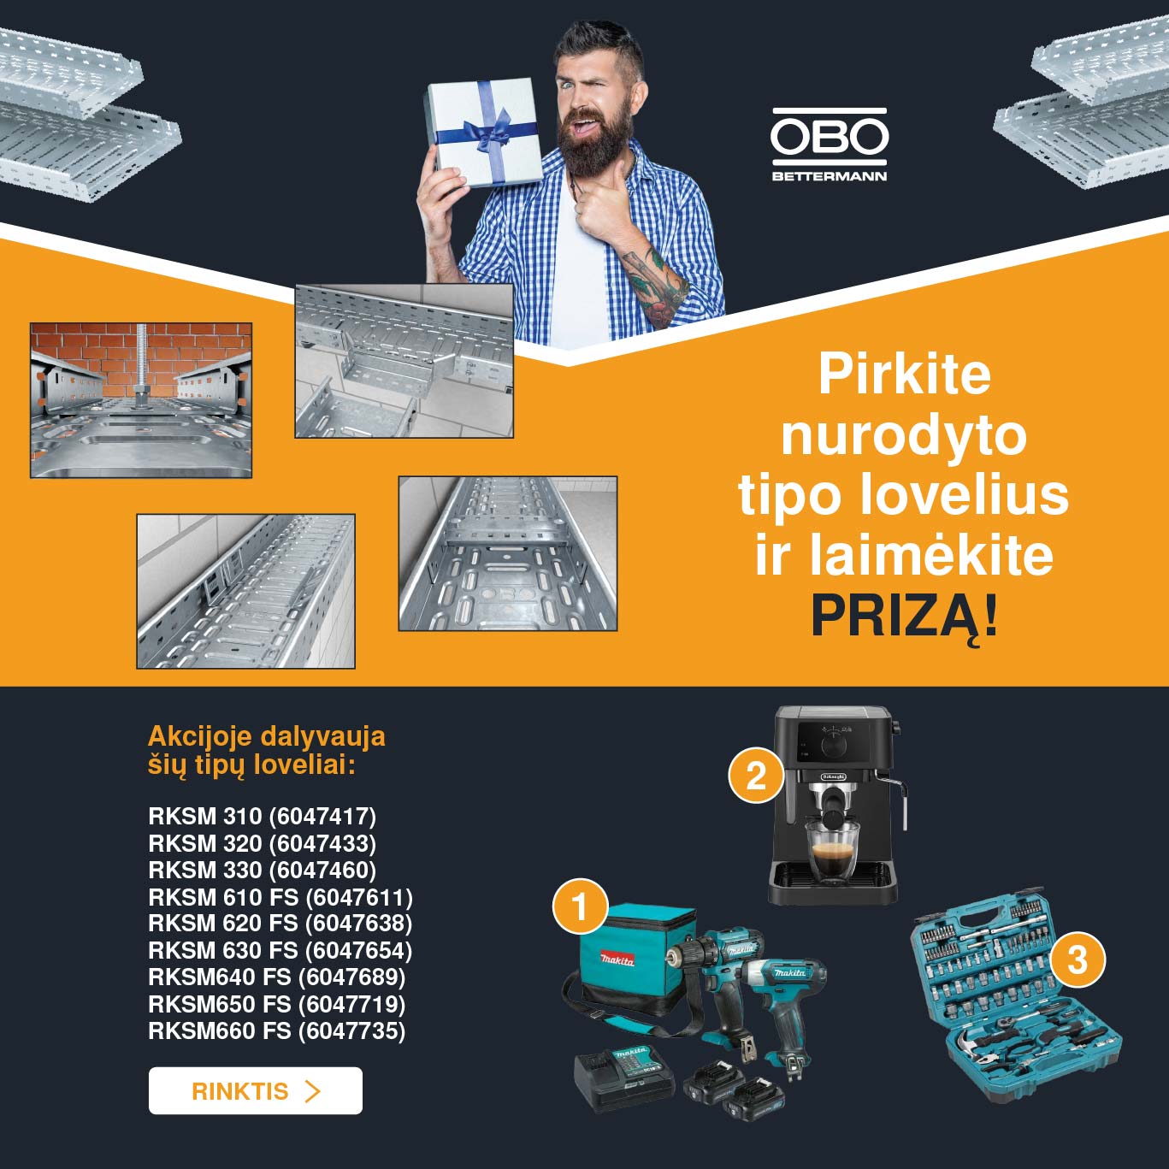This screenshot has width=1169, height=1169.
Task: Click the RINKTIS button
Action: pyautogui.click(x=256, y=1090)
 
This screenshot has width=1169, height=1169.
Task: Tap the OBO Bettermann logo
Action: pyautogui.click(x=830, y=145)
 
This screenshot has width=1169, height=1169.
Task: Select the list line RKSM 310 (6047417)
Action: pyautogui.click(x=262, y=816)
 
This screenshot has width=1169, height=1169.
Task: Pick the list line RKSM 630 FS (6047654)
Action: pyautogui.click(x=280, y=950)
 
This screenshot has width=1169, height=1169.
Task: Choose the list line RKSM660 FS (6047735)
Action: pyautogui.click(x=276, y=1030)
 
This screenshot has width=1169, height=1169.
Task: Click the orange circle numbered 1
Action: pyautogui.click(x=580, y=907)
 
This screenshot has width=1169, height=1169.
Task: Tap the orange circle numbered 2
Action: pyautogui.click(x=756, y=776)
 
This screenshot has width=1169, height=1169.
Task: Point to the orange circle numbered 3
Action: pyautogui.click(x=1077, y=959)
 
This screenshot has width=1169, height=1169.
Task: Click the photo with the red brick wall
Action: pyautogui.click(x=141, y=400)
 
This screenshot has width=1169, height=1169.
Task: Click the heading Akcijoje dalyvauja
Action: pyautogui.click(x=267, y=736)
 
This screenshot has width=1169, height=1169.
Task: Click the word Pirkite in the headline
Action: pyautogui.click(x=904, y=375)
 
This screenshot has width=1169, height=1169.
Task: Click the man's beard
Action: pyautogui.click(x=592, y=143)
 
